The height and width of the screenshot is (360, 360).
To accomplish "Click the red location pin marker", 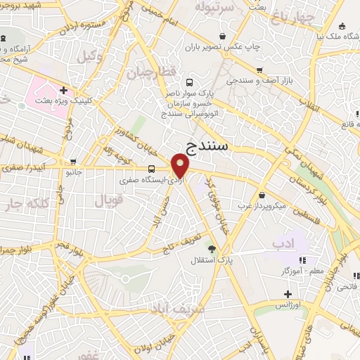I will pos(181,166).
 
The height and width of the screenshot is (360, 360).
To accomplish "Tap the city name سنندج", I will pos(217,146).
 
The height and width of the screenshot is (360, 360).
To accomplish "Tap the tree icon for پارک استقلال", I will pos(211,247).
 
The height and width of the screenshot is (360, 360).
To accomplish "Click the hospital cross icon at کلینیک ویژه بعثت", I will pos(63,90).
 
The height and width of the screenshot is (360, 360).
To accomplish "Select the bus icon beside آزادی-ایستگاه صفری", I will pos(152,169).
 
